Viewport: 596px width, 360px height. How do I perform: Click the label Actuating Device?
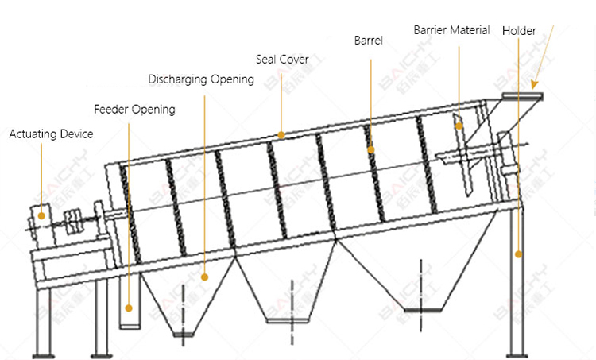(x=51, y=134)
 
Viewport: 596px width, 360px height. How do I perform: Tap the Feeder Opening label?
(x=134, y=109)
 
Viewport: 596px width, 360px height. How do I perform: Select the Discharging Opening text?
(x=201, y=79)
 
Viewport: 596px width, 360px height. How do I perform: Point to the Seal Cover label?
(x=282, y=60)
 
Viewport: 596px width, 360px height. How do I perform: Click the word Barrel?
(x=368, y=41)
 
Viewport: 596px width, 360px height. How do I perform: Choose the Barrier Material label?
(x=451, y=30)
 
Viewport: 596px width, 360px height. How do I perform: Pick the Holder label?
(x=519, y=31)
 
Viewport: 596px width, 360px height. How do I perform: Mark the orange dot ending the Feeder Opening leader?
(x=130, y=305)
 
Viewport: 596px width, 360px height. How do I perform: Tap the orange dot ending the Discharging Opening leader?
(x=205, y=277)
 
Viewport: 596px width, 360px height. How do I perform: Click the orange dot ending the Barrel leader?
(x=370, y=149)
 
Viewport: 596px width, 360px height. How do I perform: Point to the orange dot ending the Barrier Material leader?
(x=459, y=124)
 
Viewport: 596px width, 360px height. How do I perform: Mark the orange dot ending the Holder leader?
(x=519, y=254)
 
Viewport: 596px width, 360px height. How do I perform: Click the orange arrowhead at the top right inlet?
(x=536, y=83)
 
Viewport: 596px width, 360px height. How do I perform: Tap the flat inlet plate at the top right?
(x=521, y=96)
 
